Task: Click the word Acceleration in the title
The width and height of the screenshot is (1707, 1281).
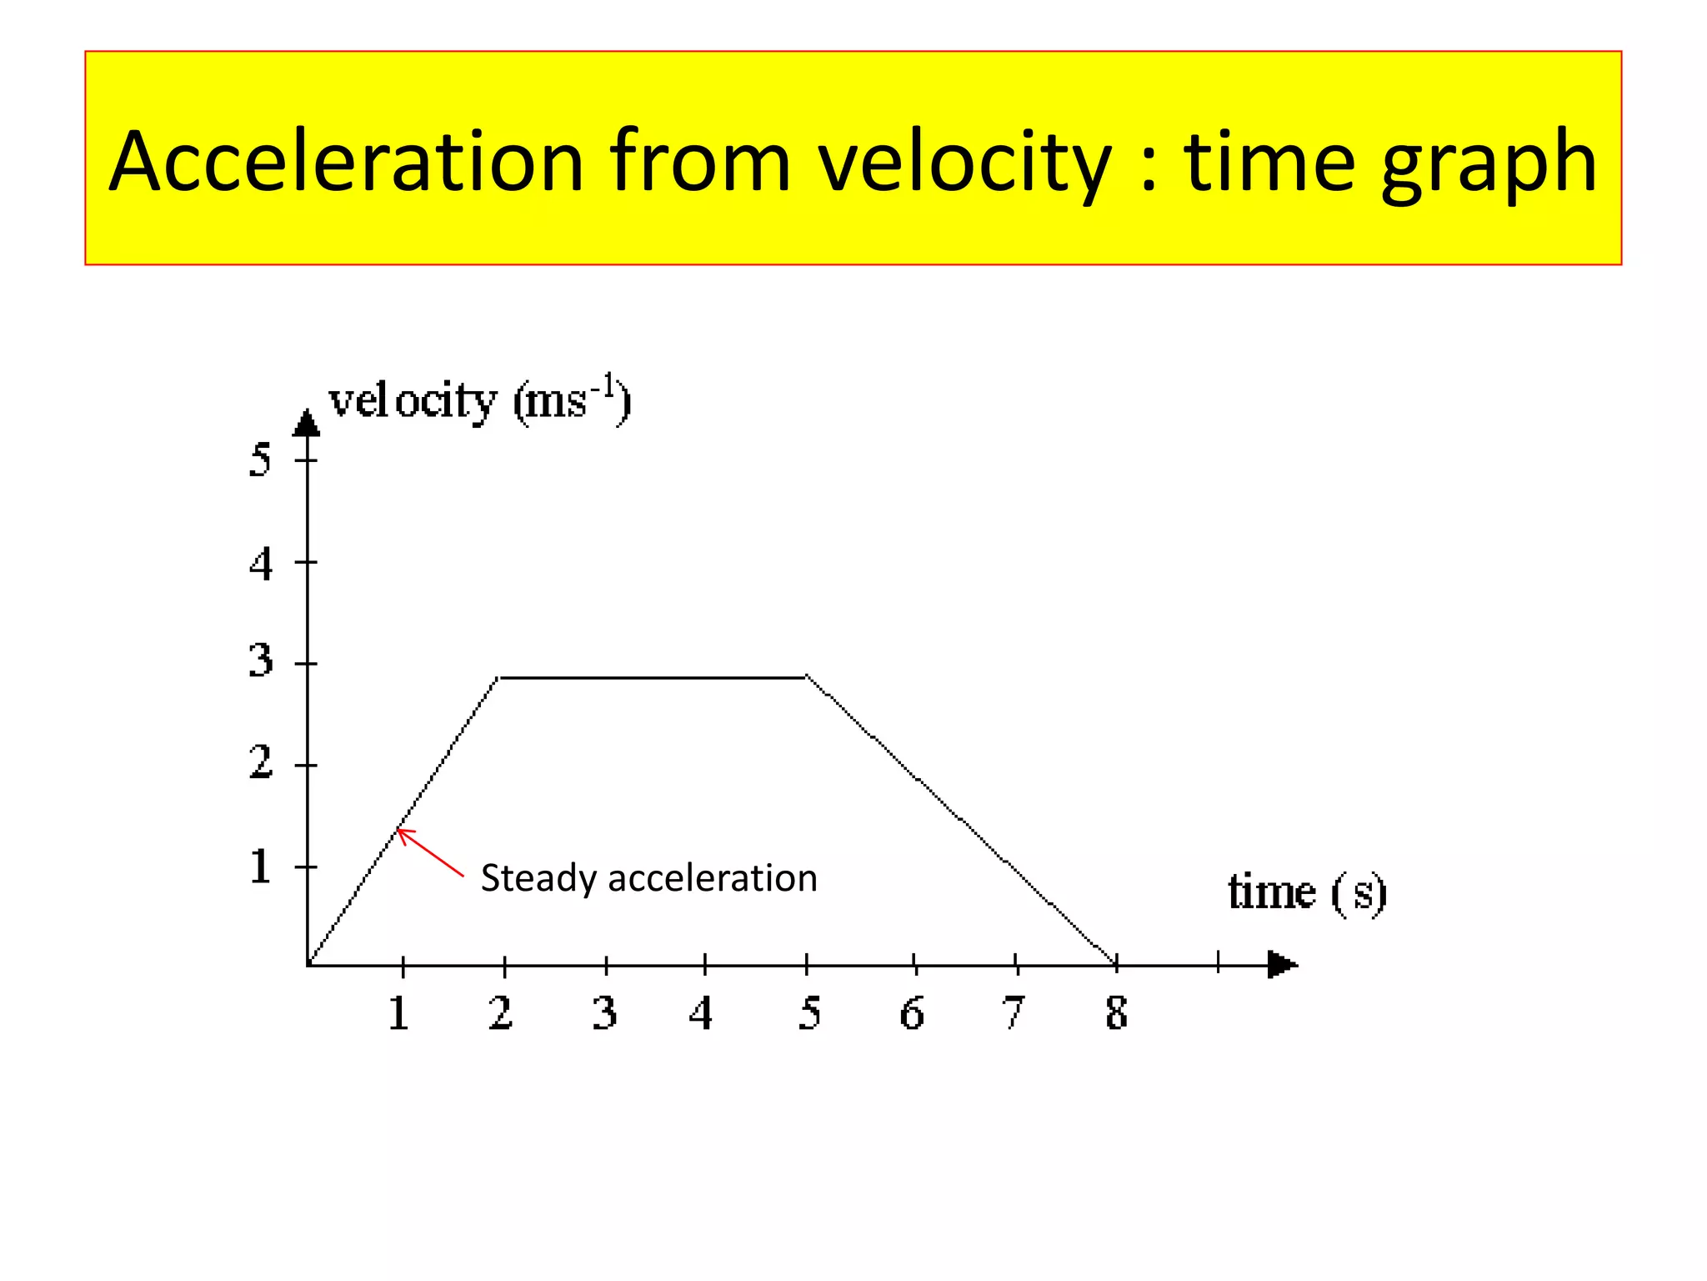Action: (346, 163)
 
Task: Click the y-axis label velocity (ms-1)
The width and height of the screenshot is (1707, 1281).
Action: (480, 401)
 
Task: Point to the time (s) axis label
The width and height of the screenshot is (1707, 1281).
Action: (1307, 892)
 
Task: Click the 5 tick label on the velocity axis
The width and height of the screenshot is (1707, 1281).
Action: (260, 460)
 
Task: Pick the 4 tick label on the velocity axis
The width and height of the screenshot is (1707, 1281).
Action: (260, 564)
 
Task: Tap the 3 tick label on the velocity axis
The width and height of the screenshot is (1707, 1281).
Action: (260, 661)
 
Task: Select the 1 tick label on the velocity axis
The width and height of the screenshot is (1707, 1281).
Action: (260, 867)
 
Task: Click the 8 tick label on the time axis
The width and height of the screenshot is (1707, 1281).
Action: (1117, 1013)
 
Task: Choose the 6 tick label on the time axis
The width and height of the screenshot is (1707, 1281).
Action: (912, 1013)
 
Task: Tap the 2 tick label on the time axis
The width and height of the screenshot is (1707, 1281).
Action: (500, 1013)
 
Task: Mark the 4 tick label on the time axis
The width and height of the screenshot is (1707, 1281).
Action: (701, 1013)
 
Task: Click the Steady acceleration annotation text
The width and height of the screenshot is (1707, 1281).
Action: (648, 878)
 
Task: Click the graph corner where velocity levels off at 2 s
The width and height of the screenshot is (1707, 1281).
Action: (498, 678)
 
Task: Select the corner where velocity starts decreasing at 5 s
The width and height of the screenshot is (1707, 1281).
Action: (806, 677)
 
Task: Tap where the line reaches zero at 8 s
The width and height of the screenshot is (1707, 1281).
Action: (1115, 963)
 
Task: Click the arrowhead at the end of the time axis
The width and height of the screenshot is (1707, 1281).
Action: (1282, 965)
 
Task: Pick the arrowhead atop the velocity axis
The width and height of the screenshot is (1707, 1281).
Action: (307, 424)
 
